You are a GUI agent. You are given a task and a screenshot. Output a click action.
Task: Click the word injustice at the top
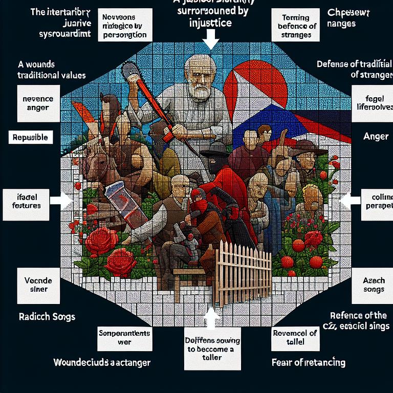point(210,23)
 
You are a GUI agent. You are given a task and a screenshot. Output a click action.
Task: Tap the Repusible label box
point(30,138)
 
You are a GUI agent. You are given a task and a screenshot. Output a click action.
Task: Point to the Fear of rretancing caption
point(308,363)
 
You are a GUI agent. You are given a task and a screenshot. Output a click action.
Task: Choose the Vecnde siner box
point(35,285)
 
